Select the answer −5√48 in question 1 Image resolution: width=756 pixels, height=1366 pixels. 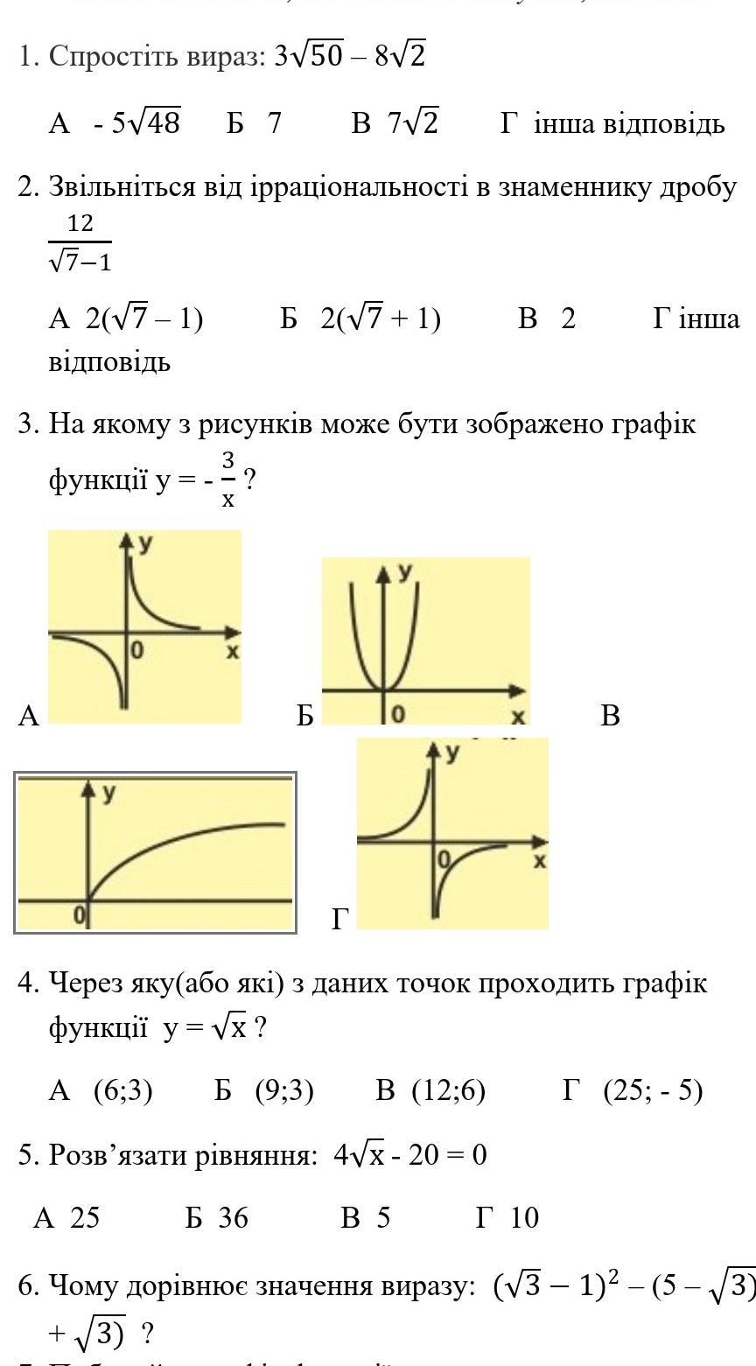(x=136, y=123)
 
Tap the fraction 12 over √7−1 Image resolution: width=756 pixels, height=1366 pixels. (x=80, y=242)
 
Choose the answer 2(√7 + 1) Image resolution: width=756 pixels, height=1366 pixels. (x=381, y=319)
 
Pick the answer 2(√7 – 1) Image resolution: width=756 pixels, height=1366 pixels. (x=144, y=319)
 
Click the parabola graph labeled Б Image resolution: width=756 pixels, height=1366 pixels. (x=425, y=641)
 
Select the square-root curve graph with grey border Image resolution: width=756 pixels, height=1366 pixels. (x=156, y=852)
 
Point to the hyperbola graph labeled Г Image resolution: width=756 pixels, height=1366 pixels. (x=452, y=833)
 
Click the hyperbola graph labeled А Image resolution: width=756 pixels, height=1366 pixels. (x=144, y=627)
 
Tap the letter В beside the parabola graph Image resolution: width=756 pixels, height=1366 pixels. (x=611, y=716)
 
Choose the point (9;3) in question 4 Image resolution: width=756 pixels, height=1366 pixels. (x=284, y=1090)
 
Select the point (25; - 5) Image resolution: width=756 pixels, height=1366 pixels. (x=653, y=1090)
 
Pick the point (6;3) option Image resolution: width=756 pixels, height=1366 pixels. (x=123, y=1090)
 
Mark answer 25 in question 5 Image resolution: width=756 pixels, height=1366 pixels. (x=84, y=1217)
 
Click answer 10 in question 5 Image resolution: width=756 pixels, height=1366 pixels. (x=523, y=1217)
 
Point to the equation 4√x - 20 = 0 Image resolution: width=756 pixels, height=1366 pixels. (x=409, y=1156)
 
